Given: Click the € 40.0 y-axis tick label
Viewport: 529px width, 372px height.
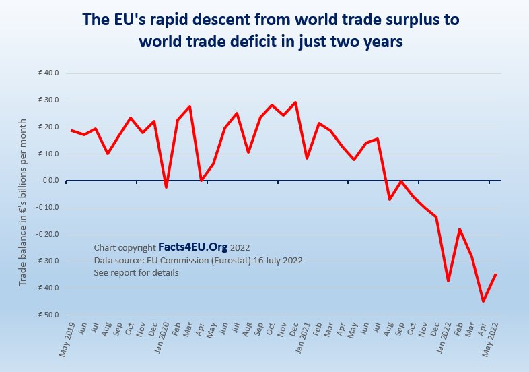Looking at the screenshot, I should (x=49, y=73).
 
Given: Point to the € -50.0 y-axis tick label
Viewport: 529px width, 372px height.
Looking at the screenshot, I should (x=48, y=315).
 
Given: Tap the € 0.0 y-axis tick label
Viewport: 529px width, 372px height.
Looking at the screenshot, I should (x=50, y=181).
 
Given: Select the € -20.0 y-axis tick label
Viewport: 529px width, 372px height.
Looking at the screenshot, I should (x=48, y=234).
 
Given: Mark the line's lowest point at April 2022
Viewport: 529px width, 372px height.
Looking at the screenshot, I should (x=483, y=301).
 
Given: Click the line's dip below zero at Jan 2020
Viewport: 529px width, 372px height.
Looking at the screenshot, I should (x=166, y=187).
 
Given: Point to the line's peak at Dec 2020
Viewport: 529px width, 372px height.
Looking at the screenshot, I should (x=295, y=102).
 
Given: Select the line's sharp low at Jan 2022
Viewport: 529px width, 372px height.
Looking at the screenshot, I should (x=448, y=280).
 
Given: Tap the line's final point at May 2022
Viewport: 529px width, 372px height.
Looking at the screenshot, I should (x=495, y=274).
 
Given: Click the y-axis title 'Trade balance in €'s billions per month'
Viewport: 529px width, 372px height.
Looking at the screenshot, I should (x=23, y=202).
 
